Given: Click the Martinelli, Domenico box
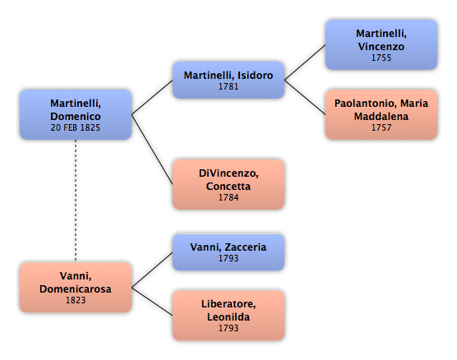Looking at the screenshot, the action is [76, 114].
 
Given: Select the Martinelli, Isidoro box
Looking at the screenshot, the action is [228, 80].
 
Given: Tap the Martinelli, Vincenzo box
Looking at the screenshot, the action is [381, 44].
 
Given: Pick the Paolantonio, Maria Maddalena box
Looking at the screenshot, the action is [381, 114].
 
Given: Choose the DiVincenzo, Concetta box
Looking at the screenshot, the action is [228, 184].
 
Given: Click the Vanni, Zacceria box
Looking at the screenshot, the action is [228, 252].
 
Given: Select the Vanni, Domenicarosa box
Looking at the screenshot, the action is [76, 288].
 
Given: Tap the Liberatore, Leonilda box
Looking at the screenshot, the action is [228, 316].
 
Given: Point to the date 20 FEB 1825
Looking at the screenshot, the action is [76, 127].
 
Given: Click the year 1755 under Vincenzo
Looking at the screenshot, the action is [381, 58].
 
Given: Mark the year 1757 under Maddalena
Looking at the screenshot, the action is [381, 127].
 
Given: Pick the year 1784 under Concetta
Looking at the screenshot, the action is [228, 197].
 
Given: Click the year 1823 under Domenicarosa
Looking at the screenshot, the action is [76, 300].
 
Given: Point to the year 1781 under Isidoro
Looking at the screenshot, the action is [228, 86].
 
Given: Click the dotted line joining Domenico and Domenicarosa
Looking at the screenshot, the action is [76, 201].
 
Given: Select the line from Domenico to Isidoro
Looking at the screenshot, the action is [152, 97].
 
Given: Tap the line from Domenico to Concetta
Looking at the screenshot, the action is [152, 150].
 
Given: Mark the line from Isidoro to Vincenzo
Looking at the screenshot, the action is [305, 62].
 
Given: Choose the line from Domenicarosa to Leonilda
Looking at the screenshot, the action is [152, 302].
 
